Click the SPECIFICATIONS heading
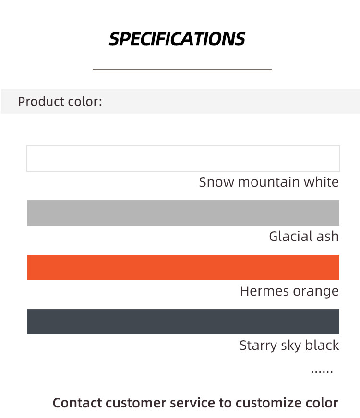click(177, 39)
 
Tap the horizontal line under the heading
click(182, 69)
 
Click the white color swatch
click(183, 159)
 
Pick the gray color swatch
click(183, 213)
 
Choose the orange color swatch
click(183, 267)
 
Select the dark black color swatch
click(183, 322)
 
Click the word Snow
click(216, 182)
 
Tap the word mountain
click(269, 182)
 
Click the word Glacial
click(291, 237)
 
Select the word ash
click(327, 237)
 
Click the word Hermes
click(264, 291)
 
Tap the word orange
click(316, 292)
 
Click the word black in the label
click(322, 345)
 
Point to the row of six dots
click(322, 371)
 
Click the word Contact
click(77, 403)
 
